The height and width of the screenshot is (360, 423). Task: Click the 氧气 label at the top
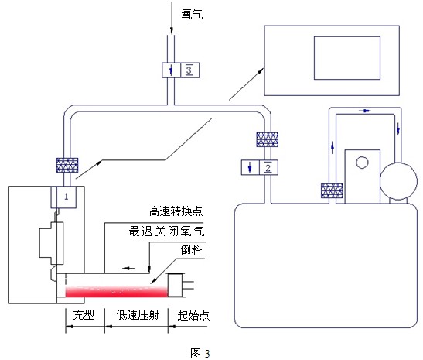pyautogui.click(x=192, y=14)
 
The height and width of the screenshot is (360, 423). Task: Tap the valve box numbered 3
pyautogui.click(x=180, y=70)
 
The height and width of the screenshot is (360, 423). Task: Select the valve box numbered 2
pyautogui.click(x=260, y=167)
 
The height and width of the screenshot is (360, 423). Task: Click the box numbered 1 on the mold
pyautogui.click(x=63, y=197)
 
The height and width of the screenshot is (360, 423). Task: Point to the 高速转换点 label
pyautogui.click(x=176, y=211)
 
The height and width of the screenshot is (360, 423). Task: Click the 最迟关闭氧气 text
pyautogui.click(x=166, y=231)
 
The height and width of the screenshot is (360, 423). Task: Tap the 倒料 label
pyautogui.click(x=191, y=249)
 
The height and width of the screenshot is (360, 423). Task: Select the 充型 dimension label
pyautogui.click(x=84, y=315)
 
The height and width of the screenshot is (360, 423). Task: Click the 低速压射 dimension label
pyautogui.click(x=138, y=315)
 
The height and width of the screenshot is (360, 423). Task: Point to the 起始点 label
pyautogui.click(x=193, y=315)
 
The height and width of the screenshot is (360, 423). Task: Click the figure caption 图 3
pyautogui.click(x=200, y=353)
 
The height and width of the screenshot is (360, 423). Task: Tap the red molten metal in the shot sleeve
pyautogui.click(x=117, y=292)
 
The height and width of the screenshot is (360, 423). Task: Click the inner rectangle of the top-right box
pyautogui.click(x=347, y=58)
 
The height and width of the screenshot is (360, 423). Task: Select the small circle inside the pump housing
pyautogui.click(x=362, y=163)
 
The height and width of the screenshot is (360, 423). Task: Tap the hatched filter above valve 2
pyautogui.click(x=267, y=139)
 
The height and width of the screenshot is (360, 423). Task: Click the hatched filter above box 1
pyautogui.click(x=67, y=165)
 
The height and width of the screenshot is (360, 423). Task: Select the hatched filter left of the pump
pyautogui.click(x=332, y=190)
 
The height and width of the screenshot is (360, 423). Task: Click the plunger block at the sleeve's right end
pyautogui.click(x=176, y=285)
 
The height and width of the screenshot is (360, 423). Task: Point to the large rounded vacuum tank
pyautogui.click(x=326, y=266)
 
